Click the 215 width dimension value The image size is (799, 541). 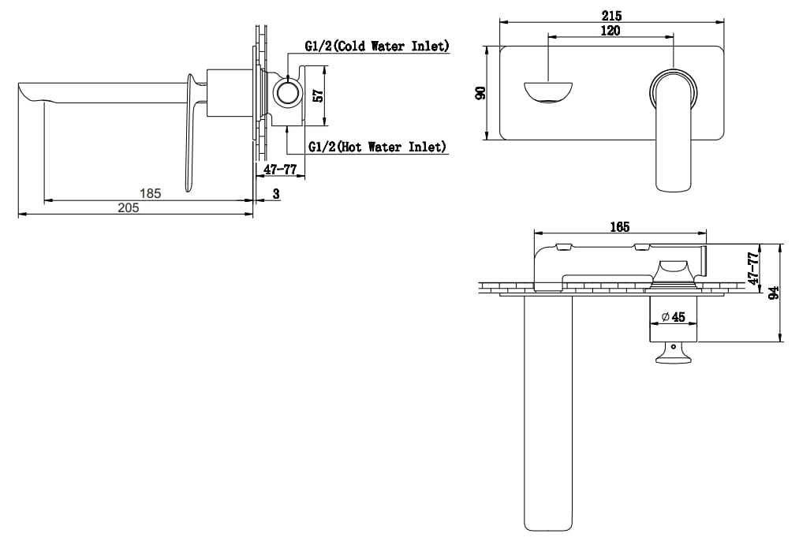(x=612, y=16)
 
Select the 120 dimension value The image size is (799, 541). (x=610, y=31)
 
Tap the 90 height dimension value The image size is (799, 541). (x=480, y=93)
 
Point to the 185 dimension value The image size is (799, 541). (x=150, y=192)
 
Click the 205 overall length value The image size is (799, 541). (x=129, y=207)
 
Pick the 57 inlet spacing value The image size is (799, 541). (x=318, y=95)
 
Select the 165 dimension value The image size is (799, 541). (x=619, y=227)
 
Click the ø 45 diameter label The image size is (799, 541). (x=672, y=317)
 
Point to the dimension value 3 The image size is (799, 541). (x=276, y=193)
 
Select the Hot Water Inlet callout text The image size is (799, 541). (x=376, y=147)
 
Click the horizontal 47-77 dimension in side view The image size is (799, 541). (x=280, y=170)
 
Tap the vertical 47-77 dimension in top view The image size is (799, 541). (x=754, y=268)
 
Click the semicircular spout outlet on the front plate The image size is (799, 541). (x=548, y=91)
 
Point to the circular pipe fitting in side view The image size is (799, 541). (x=287, y=94)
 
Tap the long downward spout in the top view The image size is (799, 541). (x=547, y=410)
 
